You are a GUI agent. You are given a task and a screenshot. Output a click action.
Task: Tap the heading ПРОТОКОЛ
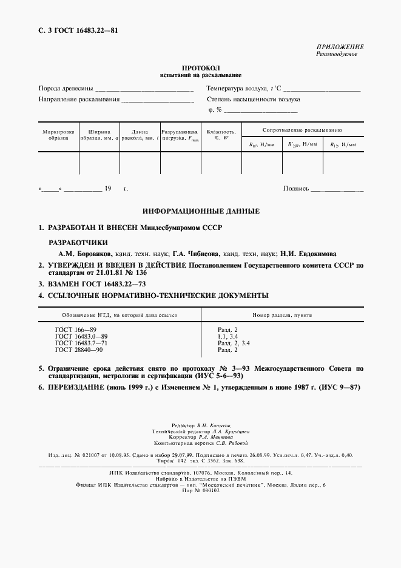tap(200, 68)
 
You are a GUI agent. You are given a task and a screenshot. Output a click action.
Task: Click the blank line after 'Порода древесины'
tap(144, 90)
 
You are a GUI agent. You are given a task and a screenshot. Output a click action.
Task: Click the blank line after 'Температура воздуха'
tap(322, 90)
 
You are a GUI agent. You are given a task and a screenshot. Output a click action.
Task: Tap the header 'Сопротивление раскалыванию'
tap(302, 130)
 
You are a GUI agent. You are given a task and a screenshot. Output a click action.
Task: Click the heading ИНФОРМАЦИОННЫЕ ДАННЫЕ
tap(201, 211)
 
